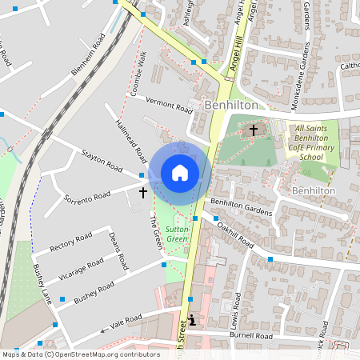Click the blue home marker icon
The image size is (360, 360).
(x=180, y=173)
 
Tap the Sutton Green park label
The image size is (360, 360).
(x=177, y=234)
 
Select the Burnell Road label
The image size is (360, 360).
(x=250, y=338)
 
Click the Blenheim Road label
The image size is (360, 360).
(x=88, y=55)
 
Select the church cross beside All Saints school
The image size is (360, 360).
(x=254, y=129)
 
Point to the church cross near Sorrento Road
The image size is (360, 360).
(x=143, y=193)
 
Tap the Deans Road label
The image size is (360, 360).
(x=118, y=249)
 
